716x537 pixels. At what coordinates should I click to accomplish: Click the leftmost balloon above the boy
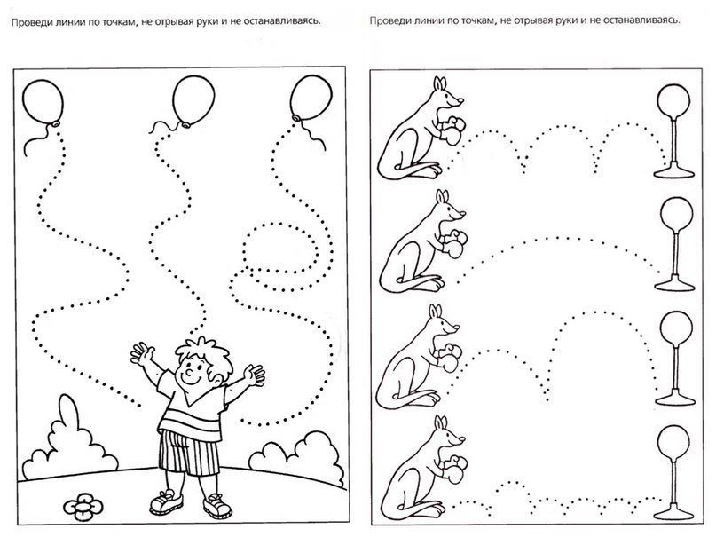(43, 101)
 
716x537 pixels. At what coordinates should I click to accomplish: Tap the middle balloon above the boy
(193, 100)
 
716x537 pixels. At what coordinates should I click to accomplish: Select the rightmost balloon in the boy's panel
(311, 99)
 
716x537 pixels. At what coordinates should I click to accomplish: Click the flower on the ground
(83, 506)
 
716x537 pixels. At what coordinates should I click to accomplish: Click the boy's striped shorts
(188, 452)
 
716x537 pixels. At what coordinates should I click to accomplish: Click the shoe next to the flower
(167, 502)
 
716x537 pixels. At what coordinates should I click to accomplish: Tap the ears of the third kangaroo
(437, 312)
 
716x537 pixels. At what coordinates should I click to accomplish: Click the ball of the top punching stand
(673, 100)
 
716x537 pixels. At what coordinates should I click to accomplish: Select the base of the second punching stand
(675, 283)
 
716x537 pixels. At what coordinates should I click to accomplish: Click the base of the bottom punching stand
(675, 510)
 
